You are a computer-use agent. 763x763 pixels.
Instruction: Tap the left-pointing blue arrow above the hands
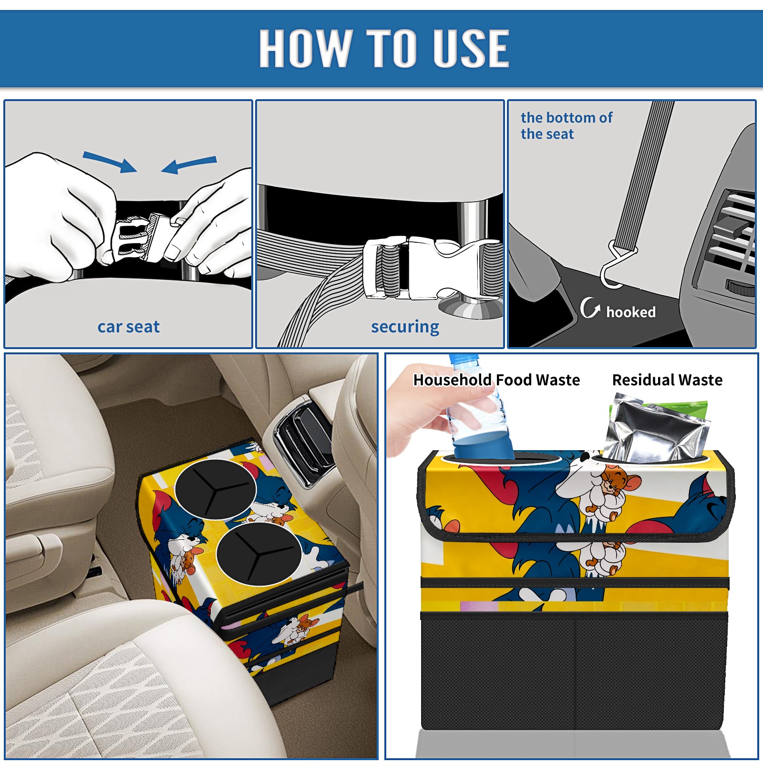pos(189,165)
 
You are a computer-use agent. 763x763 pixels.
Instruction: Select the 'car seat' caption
pos(128,327)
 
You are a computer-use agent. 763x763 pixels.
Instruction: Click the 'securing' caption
pos(405,327)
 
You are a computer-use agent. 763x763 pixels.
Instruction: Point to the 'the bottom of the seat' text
pos(566,125)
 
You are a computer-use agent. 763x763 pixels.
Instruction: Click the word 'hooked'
pos(631,312)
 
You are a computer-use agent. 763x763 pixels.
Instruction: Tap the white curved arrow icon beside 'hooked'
pos(590,308)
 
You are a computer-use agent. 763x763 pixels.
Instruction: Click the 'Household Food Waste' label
pos(496,380)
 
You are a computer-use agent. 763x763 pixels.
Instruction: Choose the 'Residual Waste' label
pos(667,380)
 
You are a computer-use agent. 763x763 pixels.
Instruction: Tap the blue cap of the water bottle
pos(463,359)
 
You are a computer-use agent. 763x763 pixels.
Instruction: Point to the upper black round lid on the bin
pos(216,489)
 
